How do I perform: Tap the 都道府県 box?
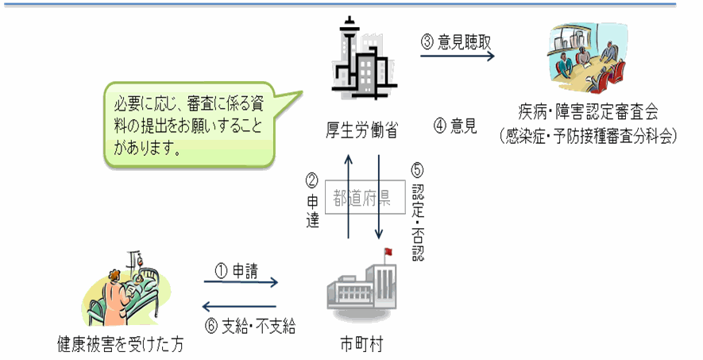362,198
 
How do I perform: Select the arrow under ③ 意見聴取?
458,56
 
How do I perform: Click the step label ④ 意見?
455,125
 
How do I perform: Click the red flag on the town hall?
388,253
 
